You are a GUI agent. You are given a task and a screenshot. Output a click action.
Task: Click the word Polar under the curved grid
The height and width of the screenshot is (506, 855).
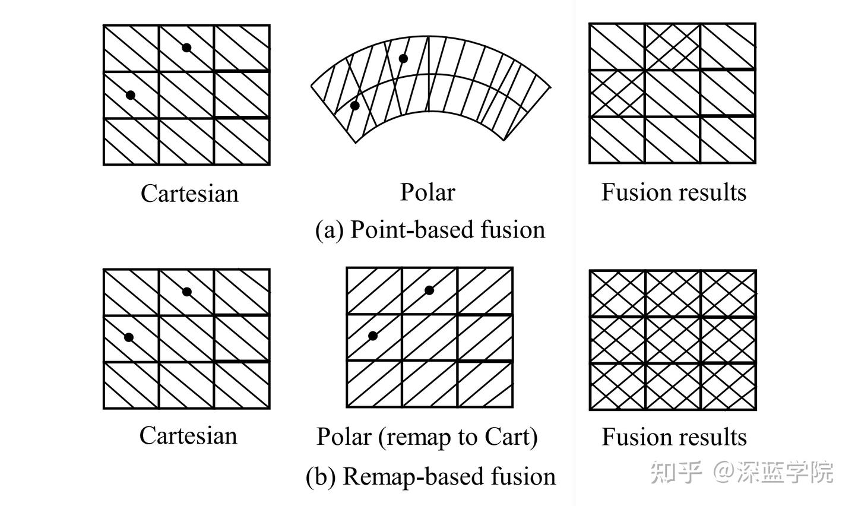tap(427, 192)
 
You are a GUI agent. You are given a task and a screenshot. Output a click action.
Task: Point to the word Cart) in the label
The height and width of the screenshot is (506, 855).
tap(511, 437)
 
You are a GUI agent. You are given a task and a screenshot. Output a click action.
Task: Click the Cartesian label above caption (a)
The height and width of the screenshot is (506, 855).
tap(189, 193)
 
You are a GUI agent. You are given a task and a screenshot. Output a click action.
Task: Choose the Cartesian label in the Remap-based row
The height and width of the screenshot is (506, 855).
tap(188, 435)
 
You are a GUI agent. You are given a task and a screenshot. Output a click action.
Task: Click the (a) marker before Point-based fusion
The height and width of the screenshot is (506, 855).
tap(329, 230)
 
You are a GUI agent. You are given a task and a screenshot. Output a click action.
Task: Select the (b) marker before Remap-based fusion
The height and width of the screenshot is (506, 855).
tap(320, 477)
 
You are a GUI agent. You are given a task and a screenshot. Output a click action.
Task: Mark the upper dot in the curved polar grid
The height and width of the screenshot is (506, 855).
tap(403, 58)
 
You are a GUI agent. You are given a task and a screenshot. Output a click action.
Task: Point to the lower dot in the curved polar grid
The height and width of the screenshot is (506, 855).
tap(355, 106)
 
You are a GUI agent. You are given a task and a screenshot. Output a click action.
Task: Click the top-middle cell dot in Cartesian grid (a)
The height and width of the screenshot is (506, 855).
tap(186, 48)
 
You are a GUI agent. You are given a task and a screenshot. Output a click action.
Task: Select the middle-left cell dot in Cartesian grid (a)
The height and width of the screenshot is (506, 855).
tap(131, 95)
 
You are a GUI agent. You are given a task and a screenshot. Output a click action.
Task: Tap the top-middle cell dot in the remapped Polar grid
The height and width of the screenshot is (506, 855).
tap(429, 290)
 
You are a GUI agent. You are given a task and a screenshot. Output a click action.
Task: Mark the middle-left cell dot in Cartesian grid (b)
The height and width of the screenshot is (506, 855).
tap(129, 337)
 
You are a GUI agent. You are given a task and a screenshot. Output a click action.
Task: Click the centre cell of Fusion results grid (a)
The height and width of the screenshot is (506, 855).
tap(672, 93)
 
